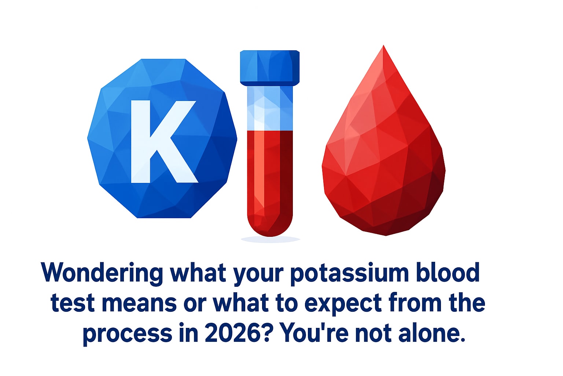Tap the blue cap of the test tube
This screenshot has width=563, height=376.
coord(270,67)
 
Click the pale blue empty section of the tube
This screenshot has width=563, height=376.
coord(270,108)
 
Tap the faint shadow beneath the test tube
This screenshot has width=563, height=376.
coord(270,239)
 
